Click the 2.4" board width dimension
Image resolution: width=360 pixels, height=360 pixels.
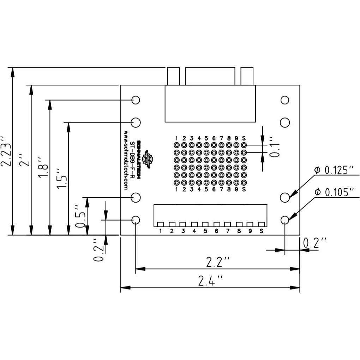point(210,281)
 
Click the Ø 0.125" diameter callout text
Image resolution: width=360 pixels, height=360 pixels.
point(334,171)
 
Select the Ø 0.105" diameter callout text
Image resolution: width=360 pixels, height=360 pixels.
point(334,192)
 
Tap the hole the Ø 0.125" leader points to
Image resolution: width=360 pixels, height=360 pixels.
point(285,197)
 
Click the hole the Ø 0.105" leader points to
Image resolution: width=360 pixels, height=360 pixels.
point(285,220)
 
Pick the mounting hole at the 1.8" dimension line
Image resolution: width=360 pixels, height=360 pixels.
point(136,100)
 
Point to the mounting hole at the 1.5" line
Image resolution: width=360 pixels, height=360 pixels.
point(136,122)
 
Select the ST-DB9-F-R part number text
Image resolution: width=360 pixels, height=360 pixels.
point(132,159)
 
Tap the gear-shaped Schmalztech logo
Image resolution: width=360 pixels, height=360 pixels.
point(149,159)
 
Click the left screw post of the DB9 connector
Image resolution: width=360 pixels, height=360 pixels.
point(173,76)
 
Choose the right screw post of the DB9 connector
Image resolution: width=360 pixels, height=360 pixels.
point(247,76)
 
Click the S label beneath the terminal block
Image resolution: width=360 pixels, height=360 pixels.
point(261,232)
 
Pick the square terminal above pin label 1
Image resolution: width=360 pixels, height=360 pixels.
point(160,224)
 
